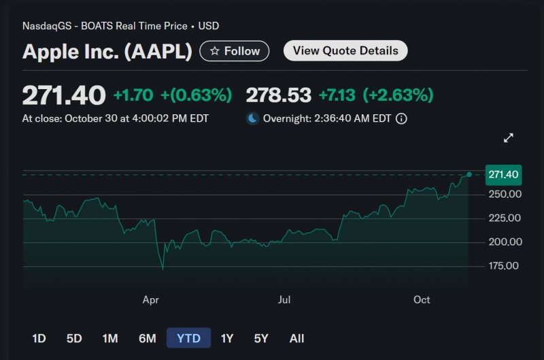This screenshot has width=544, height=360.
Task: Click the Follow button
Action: [235, 51]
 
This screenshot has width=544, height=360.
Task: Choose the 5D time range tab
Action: [74, 338]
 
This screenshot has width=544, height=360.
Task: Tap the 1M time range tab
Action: [110, 338]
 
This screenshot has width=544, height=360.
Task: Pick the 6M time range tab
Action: [147, 338]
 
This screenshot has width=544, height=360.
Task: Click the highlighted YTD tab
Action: [188, 338]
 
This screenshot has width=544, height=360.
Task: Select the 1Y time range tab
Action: [227, 338]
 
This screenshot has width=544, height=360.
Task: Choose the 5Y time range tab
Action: [261, 338]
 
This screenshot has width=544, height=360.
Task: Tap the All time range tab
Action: [296, 338]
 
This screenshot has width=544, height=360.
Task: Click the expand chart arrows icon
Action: [508, 138]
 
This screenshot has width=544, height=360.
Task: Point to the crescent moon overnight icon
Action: [252, 118]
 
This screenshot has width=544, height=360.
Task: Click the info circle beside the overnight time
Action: [401, 118]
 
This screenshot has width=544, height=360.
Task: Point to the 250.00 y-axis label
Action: [505, 195]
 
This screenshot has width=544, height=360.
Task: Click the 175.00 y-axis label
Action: [505, 266]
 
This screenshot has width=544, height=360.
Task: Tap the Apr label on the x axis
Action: [151, 299]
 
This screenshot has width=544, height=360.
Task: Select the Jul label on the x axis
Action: [284, 299]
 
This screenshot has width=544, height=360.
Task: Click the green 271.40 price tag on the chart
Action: [503, 175]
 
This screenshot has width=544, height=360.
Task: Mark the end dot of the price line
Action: [469, 175]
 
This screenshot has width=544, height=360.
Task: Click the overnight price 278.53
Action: [278, 95]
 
